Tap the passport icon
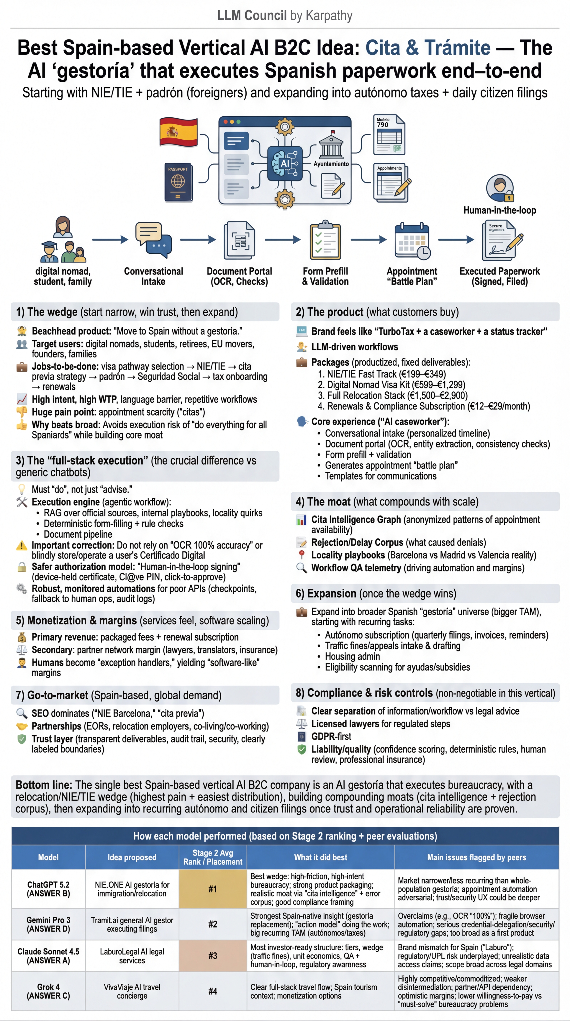click(x=178, y=182)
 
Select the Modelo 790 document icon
click(x=389, y=135)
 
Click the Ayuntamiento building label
click(x=331, y=164)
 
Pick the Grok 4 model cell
click(x=48, y=991)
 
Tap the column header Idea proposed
click(x=132, y=857)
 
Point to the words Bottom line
click(x=44, y=785)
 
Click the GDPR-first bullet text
click(x=331, y=736)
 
